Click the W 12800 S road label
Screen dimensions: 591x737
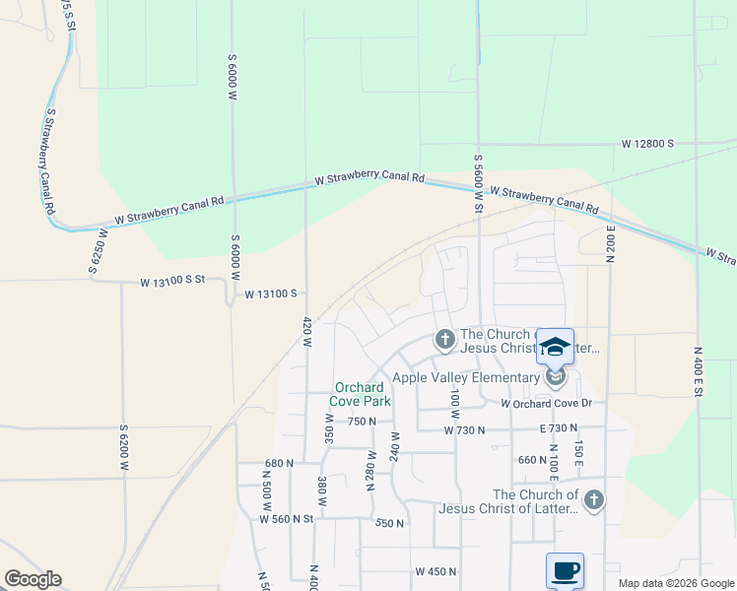tap(647, 144)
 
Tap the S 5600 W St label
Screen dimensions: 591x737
tap(478, 186)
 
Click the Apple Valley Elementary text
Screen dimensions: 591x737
tap(465, 377)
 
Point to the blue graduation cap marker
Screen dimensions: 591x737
tap(555, 347)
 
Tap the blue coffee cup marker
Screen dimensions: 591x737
tap(565, 570)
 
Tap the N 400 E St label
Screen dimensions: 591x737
tap(698, 371)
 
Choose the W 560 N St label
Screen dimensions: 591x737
tap(286, 518)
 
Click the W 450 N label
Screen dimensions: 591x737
tap(437, 571)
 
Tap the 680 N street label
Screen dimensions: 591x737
tap(280, 463)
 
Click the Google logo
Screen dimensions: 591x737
tap(33, 579)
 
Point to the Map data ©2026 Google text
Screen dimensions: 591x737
tap(677, 583)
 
